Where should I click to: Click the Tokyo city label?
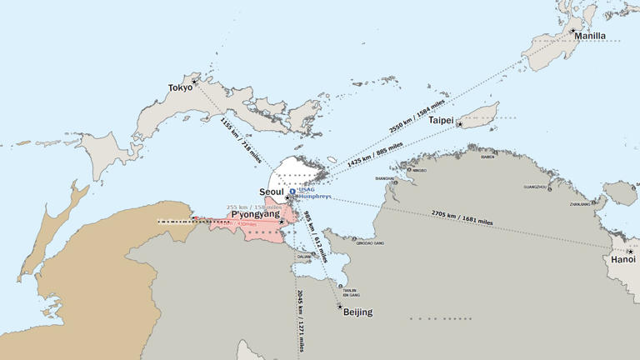180,87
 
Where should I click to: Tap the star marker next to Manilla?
573,31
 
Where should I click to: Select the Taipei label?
441,121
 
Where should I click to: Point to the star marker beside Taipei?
460,123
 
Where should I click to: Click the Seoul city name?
273,192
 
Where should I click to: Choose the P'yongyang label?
255,214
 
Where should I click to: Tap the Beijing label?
357,312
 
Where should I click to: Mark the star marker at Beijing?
340,307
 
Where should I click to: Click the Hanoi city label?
623,260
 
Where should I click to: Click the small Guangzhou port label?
537,187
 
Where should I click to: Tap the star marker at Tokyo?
195,82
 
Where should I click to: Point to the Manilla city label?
590,37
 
